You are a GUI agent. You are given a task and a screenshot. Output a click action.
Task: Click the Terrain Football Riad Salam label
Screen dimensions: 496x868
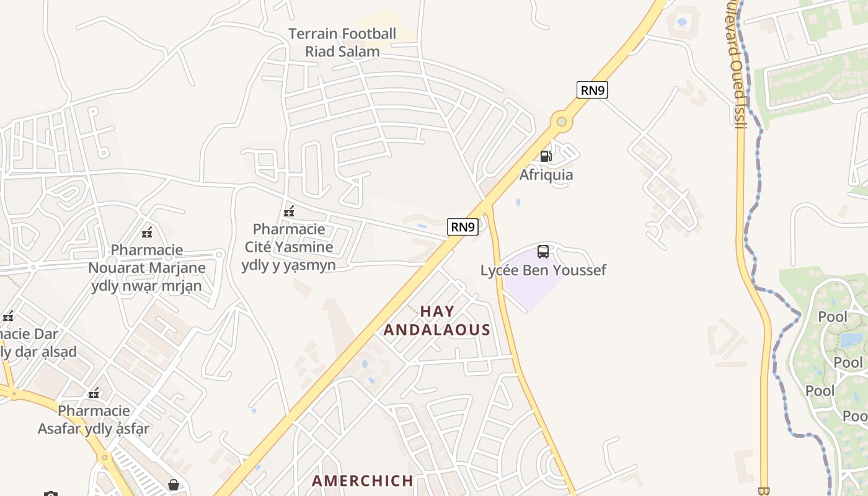(342, 42)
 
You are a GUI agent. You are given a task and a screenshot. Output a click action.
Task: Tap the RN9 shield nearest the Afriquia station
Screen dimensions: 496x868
(592, 90)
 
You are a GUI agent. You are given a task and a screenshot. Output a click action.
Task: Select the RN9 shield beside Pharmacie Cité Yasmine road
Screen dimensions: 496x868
(463, 227)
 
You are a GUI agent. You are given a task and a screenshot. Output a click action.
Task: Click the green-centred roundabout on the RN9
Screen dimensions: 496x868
(562, 122)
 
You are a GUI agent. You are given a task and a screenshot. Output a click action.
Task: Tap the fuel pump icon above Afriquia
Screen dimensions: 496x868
(546, 156)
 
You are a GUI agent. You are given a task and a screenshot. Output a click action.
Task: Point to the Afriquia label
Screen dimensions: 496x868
(546, 175)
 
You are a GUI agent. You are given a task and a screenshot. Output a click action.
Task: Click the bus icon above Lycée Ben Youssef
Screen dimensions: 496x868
(543, 252)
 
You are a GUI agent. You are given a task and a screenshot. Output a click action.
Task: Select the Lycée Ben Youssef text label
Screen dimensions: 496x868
(543, 270)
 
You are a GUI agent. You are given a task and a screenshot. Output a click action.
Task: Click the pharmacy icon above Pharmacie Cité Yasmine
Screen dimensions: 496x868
(289, 212)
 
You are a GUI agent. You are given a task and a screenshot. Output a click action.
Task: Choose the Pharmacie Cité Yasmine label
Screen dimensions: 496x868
(289, 247)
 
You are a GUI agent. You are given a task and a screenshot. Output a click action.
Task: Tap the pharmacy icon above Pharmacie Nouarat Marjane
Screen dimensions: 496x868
(147, 233)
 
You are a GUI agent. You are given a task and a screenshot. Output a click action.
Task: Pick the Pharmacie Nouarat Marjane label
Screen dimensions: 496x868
(147, 268)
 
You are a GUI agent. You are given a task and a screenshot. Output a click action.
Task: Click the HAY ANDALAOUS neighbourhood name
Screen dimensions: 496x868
(437, 321)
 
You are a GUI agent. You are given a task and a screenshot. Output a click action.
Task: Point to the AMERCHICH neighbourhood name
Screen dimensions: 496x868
(363, 480)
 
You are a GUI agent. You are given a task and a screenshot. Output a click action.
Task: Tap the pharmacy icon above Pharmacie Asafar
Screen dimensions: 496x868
(94, 393)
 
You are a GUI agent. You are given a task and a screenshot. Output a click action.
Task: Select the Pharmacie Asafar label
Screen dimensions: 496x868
(94, 420)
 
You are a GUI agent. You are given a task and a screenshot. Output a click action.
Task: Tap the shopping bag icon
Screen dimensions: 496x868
(174, 484)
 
